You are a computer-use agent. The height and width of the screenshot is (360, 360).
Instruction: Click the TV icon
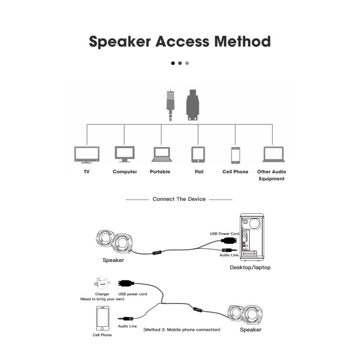87,155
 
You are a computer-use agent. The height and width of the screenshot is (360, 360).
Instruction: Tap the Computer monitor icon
125,154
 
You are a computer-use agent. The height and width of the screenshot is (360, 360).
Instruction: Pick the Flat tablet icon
198,154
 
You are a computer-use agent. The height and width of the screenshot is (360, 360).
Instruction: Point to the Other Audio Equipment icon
274,154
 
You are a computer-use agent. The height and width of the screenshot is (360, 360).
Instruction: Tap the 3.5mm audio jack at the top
170,106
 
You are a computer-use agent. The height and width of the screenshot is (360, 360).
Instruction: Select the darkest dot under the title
173,63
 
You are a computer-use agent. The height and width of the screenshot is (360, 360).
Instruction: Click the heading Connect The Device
179,199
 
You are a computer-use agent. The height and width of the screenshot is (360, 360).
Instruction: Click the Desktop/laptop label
250,267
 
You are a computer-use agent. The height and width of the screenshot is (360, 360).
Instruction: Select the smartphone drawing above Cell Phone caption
102,318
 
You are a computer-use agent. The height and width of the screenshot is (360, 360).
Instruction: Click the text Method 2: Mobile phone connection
182,329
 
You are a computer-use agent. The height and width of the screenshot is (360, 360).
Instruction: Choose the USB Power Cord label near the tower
225,234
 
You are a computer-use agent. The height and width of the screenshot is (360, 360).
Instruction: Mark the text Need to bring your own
102,299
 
